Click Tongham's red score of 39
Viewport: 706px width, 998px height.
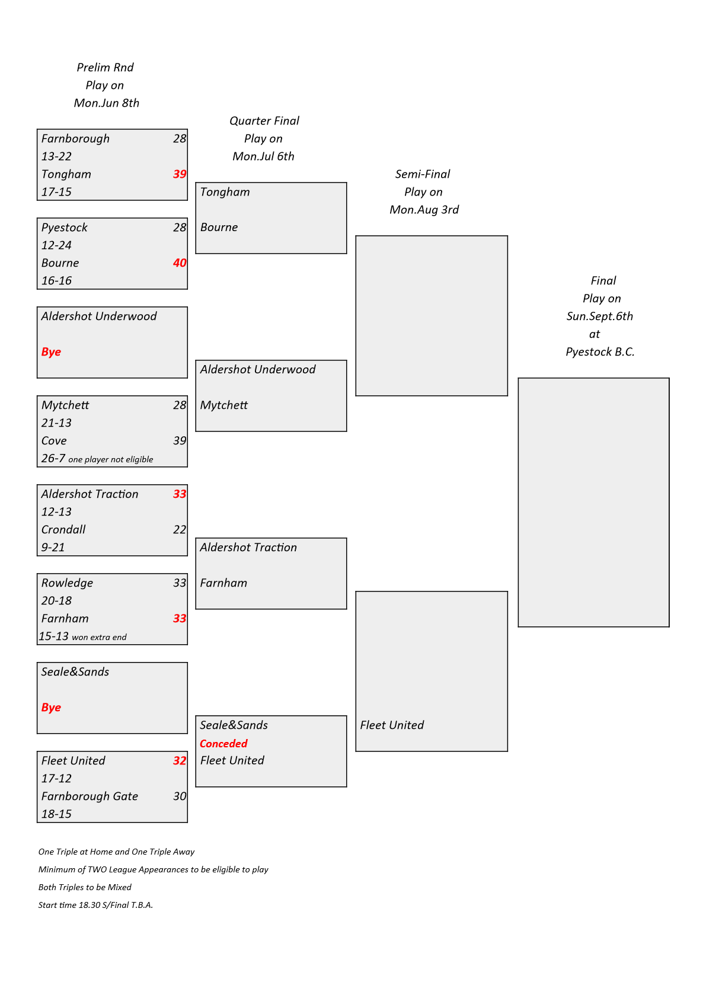click(x=180, y=174)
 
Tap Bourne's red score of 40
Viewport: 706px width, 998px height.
click(x=180, y=263)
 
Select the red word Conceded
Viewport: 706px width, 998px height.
click(x=223, y=744)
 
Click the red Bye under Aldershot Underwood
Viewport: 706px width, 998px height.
click(x=51, y=352)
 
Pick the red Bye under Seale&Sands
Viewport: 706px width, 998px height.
click(x=51, y=708)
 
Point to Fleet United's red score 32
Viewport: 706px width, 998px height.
click(x=180, y=760)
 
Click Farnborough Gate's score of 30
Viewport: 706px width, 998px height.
click(x=180, y=796)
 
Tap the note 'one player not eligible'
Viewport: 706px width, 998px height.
click(x=110, y=459)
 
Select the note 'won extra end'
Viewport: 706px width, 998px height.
click(x=99, y=637)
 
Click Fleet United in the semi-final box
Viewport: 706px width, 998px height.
click(x=392, y=725)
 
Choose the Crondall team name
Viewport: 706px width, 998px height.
click(x=63, y=530)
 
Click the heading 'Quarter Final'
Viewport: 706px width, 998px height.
click(x=264, y=121)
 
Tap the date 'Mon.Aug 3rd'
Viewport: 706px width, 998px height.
click(x=424, y=210)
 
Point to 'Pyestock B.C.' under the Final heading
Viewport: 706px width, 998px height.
click(x=600, y=352)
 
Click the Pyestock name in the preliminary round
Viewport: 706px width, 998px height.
click(x=64, y=228)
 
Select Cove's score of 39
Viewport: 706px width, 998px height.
click(x=180, y=441)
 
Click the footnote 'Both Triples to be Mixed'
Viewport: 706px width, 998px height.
click(x=85, y=887)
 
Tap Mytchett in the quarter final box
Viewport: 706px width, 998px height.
click(x=223, y=405)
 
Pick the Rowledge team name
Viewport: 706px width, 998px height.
click(x=68, y=583)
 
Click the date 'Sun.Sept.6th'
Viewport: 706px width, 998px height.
click(x=599, y=316)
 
